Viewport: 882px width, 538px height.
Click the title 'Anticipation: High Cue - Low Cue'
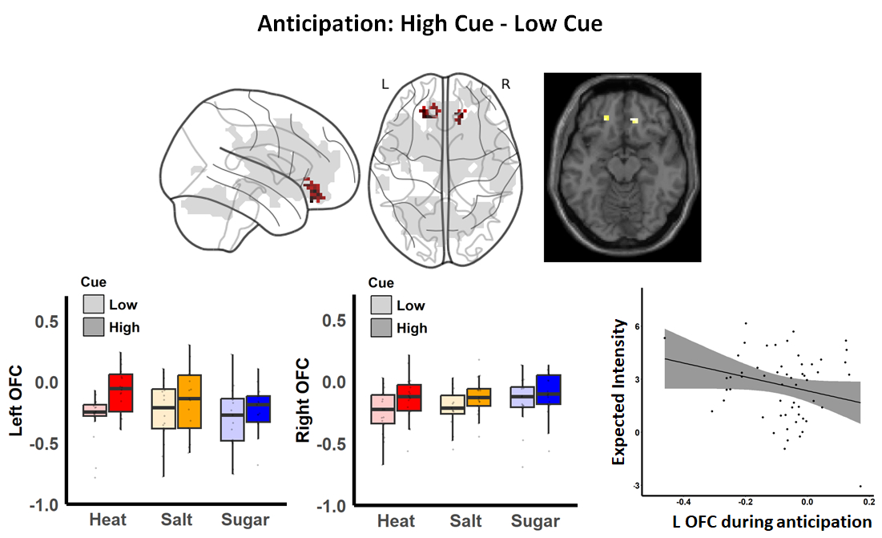pyautogui.click(x=429, y=24)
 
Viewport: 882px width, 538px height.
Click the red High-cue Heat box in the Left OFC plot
pyautogui.click(x=121, y=393)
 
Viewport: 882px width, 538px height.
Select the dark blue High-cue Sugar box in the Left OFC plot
pyautogui.click(x=258, y=409)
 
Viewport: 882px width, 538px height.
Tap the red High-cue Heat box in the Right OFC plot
pyautogui.click(x=409, y=398)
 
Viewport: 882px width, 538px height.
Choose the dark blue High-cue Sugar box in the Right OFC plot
pyautogui.click(x=549, y=390)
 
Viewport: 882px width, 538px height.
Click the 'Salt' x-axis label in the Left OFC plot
pyautogui.click(x=175, y=521)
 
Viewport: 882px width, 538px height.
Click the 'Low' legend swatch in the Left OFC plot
pyautogui.click(x=95, y=305)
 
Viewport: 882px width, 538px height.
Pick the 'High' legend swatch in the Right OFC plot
pyautogui.click(x=382, y=327)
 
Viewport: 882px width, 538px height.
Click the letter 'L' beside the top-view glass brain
pyautogui.click(x=385, y=83)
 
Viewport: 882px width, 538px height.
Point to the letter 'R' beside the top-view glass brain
pyautogui.click(x=506, y=83)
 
